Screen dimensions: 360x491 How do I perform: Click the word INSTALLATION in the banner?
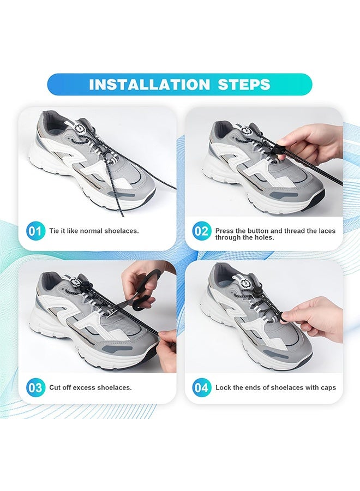coord(149,85)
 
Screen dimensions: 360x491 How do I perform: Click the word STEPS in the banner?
coord(244,85)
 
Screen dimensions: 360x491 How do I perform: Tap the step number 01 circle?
coord(35,231)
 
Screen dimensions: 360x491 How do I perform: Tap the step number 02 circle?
coord(201,231)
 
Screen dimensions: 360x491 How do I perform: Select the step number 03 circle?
coord(35,388)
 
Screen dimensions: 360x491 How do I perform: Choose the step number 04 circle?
coord(201,388)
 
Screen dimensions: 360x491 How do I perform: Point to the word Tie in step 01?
coord(54,231)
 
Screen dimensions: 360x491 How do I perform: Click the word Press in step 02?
coord(224,231)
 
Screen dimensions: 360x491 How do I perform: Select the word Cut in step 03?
coord(55,387)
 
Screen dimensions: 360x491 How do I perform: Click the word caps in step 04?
coord(328,388)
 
